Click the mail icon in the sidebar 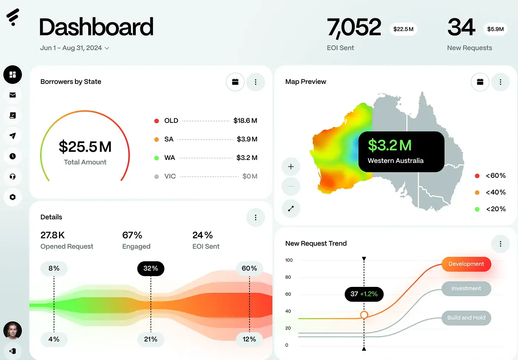(x=13, y=95)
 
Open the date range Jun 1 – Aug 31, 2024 (x=75, y=48)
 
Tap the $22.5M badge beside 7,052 (x=403, y=29)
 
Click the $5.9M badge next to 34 (x=495, y=29)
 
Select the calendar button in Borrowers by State (x=235, y=82)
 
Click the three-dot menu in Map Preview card (x=500, y=82)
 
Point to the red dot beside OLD (x=157, y=121)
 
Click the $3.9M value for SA (x=247, y=139)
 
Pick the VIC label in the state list (x=170, y=176)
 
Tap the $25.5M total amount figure (x=85, y=147)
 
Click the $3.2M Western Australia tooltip (x=401, y=152)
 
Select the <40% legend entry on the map (x=495, y=192)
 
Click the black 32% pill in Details (x=151, y=268)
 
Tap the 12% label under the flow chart (x=249, y=339)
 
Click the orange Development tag (x=466, y=264)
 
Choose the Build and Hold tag (x=466, y=318)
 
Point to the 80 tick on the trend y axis (x=288, y=277)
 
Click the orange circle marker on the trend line (x=364, y=315)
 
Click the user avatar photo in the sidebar (x=13, y=330)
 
